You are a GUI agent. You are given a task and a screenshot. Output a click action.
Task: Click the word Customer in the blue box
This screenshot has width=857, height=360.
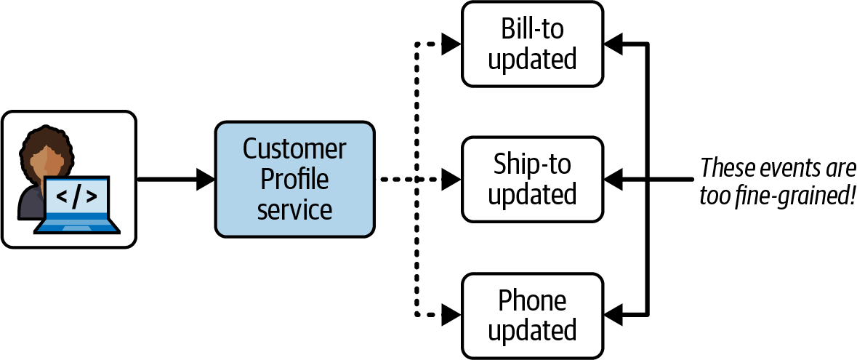[294, 149]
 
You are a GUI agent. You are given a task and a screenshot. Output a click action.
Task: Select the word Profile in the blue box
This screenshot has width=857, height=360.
[294, 180]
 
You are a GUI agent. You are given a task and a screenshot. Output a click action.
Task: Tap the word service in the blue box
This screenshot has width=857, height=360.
[294, 209]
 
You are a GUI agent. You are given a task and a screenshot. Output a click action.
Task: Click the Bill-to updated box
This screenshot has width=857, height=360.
[532, 44]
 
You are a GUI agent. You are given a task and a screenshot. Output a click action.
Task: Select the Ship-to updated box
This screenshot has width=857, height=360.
[532, 180]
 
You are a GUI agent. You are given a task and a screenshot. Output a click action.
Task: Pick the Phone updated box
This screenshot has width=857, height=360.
[532, 315]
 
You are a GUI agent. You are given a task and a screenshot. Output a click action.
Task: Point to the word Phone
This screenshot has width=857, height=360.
[532, 300]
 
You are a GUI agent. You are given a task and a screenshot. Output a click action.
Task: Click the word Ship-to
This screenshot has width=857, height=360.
[532, 164]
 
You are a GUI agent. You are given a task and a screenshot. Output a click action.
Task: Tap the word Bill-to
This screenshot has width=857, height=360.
[532, 30]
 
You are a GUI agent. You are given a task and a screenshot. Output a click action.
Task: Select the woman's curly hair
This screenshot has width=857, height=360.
[47, 150]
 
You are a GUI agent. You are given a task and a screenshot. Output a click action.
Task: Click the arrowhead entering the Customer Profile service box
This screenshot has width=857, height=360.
[205, 180]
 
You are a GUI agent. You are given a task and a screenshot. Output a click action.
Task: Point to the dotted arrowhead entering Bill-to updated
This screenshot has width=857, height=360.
[451, 44]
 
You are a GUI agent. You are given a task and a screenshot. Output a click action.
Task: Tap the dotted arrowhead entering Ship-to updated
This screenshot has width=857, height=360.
[451, 180]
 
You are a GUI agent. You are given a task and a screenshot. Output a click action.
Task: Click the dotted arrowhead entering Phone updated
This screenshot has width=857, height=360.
[451, 315]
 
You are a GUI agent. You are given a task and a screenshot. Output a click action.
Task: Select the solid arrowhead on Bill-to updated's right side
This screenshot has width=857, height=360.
[613, 44]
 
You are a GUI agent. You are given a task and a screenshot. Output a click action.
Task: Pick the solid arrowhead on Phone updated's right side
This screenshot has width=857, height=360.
[613, 315]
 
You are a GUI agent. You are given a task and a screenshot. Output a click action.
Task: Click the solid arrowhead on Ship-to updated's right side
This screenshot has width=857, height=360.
[613, 180]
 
